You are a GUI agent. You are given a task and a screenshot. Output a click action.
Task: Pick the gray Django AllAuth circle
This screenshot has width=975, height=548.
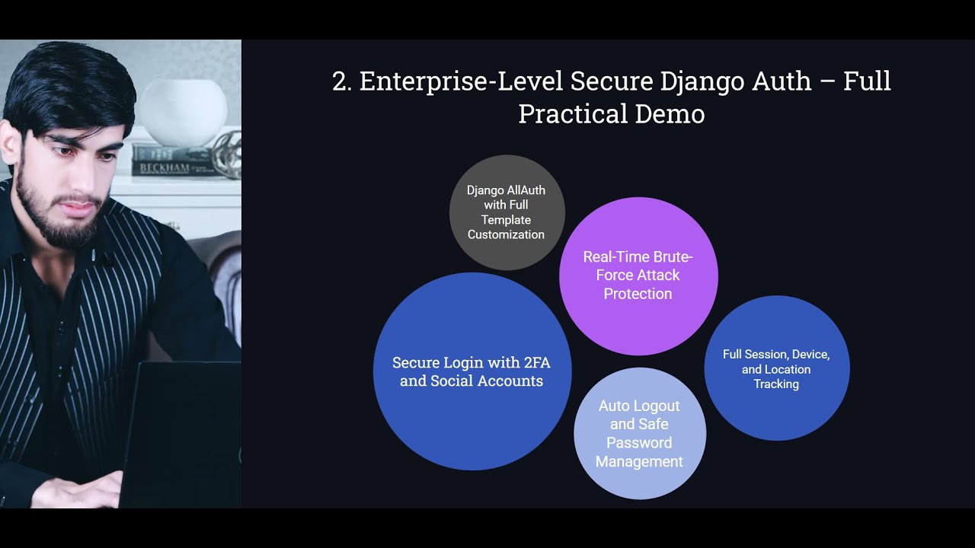(507, 212)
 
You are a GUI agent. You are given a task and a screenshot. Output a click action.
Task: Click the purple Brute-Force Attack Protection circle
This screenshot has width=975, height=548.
(638, 276)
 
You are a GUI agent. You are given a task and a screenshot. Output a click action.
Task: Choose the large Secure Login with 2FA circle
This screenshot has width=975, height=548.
(472, 371)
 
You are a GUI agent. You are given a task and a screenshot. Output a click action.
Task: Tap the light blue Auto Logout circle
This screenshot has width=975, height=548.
(640, 434)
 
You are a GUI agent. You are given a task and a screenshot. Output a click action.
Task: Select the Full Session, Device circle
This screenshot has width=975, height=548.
(776, 368)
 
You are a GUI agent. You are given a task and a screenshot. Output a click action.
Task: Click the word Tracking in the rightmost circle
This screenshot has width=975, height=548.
(776, 384)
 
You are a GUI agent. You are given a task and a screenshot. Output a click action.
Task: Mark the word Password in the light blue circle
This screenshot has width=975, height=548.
(639, 443)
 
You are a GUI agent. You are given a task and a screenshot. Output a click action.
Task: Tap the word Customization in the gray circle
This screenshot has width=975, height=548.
(506, 234)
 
